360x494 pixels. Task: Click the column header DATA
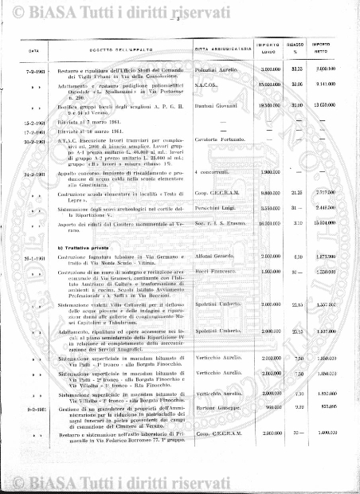pos(33,51)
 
